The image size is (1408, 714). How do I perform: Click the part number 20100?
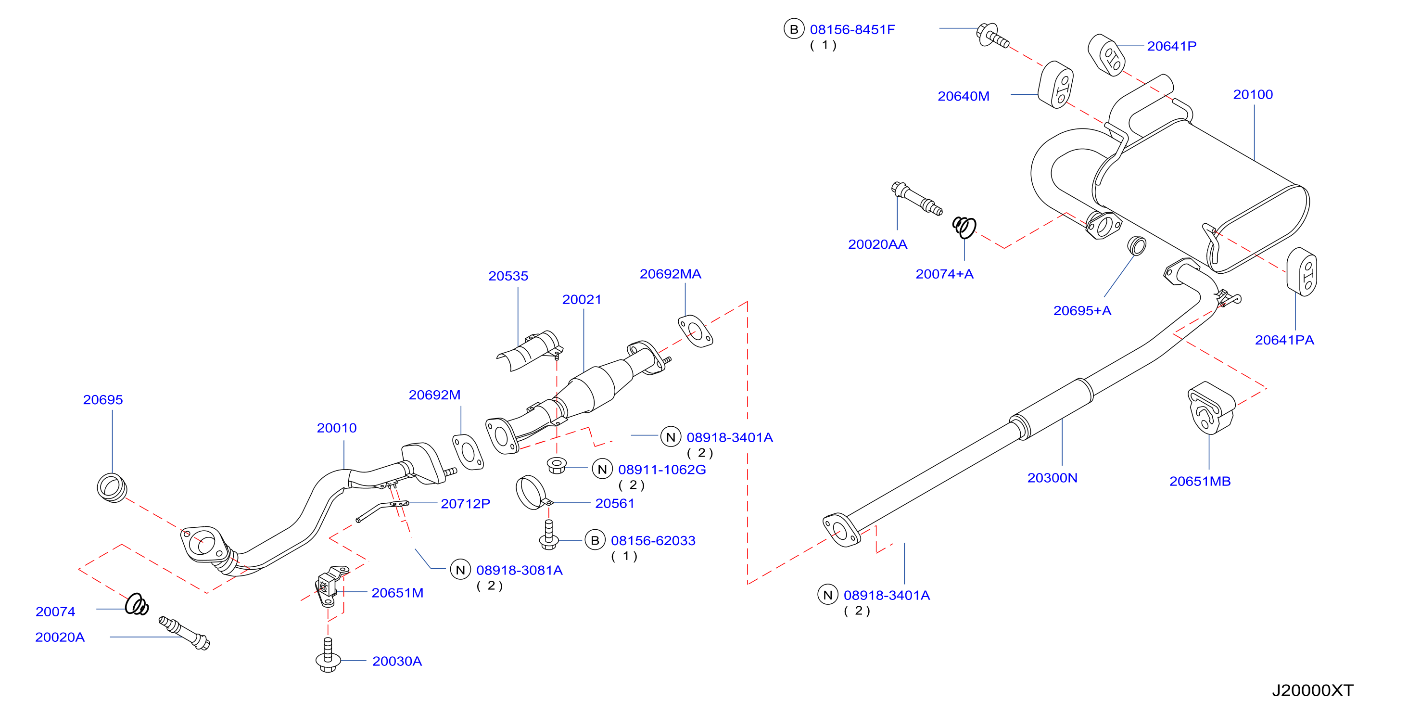(1253, 95)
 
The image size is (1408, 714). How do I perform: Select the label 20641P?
(1171, 46)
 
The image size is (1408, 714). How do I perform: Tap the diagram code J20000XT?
(1312, 690)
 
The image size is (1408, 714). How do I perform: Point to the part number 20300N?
(1052, 478)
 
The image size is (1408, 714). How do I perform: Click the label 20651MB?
(1200, 481)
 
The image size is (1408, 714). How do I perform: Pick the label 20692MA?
(670, 274)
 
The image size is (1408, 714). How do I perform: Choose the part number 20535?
(508, 276)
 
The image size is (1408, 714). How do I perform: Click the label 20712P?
(465, 504)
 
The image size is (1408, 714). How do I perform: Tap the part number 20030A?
(397, 661)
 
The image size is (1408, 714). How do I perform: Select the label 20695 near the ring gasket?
(103, 400)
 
